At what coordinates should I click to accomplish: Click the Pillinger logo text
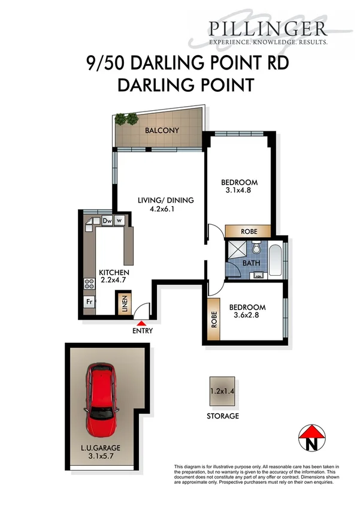pos(267,29)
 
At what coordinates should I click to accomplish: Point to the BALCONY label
pos(161,130)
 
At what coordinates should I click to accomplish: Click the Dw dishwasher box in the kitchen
pos(108,221)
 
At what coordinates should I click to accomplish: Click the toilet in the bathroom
pos(255,247)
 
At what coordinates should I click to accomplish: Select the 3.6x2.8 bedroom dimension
pos(247,316)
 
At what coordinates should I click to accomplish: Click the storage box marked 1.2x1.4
pos(223,391)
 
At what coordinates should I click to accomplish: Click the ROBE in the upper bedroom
pos(248,231)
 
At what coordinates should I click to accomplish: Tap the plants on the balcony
pos(126,119)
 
